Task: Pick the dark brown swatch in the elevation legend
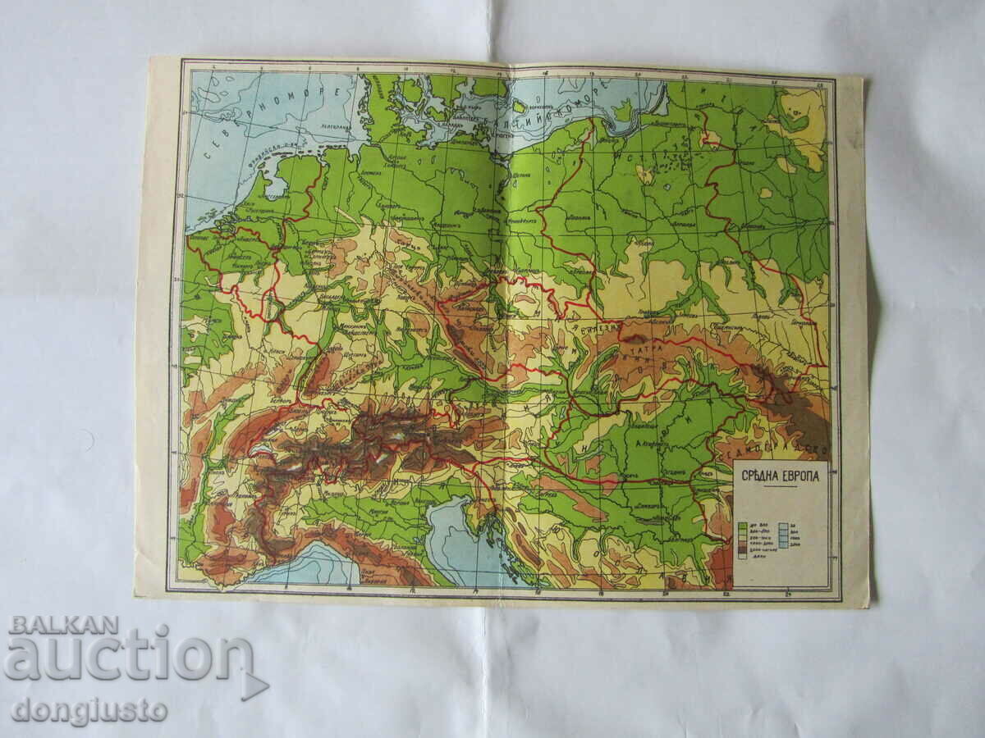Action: pyautogui.click(x=742, y=545)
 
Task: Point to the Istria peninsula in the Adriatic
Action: pyautogui.click(x=477, y=517)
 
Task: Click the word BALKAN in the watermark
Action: pyautogui.click(x=63, y=625)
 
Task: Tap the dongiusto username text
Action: pyautogui.click(x=89, y=710)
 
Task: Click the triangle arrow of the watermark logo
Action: pyautogui.click(x=255, y=686)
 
